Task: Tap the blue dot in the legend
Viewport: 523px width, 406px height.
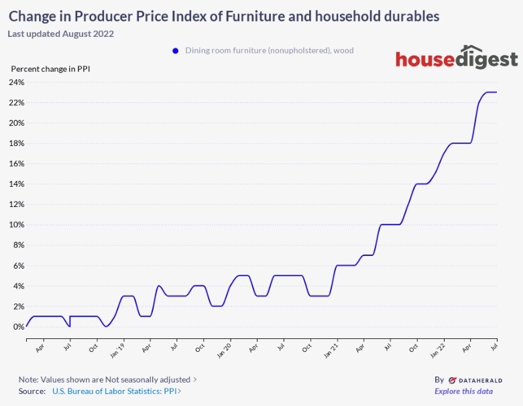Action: (176, 50)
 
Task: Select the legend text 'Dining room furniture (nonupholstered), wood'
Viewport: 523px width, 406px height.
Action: (270, 50)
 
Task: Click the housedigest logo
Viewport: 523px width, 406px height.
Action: (457, 59)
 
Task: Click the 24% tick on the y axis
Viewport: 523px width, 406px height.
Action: (16, 82)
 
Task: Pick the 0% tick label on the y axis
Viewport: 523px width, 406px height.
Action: (18, 327)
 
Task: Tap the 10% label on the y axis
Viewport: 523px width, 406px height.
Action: (16, 225)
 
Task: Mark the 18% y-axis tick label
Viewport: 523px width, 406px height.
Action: (16, 143)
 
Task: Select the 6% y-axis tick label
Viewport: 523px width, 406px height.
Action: (18, 266)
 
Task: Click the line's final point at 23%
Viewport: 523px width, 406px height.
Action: (496, 92)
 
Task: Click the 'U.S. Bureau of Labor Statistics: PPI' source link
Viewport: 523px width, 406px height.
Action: (115, 391)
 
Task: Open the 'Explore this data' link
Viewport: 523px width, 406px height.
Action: (463, 391)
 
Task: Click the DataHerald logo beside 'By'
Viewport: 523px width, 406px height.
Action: (475, 380)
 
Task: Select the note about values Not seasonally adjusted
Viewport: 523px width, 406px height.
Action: (104, 379)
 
